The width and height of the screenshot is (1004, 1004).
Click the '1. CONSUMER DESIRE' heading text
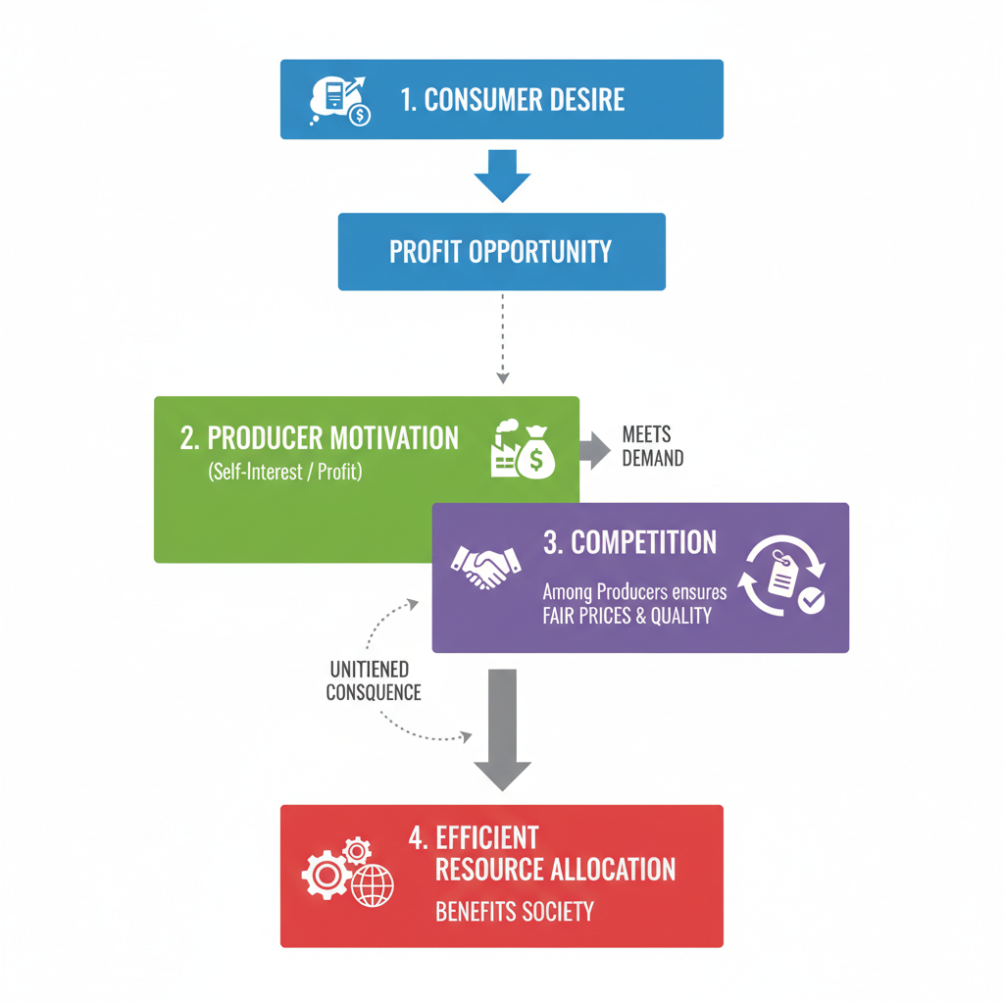[x=512, y=99]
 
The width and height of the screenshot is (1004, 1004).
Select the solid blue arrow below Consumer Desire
[x=502, y=176]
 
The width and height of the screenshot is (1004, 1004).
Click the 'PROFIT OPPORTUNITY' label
[x=500, y=252]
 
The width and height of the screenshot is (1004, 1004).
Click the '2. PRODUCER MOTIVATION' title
[x=320, y=438]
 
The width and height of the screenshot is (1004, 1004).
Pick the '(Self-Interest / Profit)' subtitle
[x=285, y=473]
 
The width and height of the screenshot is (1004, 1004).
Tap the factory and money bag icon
[x=524, y=451]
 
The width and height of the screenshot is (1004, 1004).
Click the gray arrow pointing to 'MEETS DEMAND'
[x=593, y=450]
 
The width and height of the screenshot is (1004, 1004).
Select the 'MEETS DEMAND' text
[x=652, y=446]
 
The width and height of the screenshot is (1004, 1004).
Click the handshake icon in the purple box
[x=485, y=568]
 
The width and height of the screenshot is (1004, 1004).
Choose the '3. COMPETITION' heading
[x=629, y=542]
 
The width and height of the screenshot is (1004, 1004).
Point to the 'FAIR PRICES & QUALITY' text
[x=627, y=617]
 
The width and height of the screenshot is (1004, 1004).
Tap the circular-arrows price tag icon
[x=784, y=577]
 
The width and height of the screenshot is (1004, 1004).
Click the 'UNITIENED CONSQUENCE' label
[x=374, y=681]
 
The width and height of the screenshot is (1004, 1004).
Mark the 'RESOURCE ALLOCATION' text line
[x=555, y=870]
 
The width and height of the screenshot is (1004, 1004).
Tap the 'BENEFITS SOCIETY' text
[x=515, y=912]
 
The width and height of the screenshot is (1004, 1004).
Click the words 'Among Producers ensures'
[x=634, y=593]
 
